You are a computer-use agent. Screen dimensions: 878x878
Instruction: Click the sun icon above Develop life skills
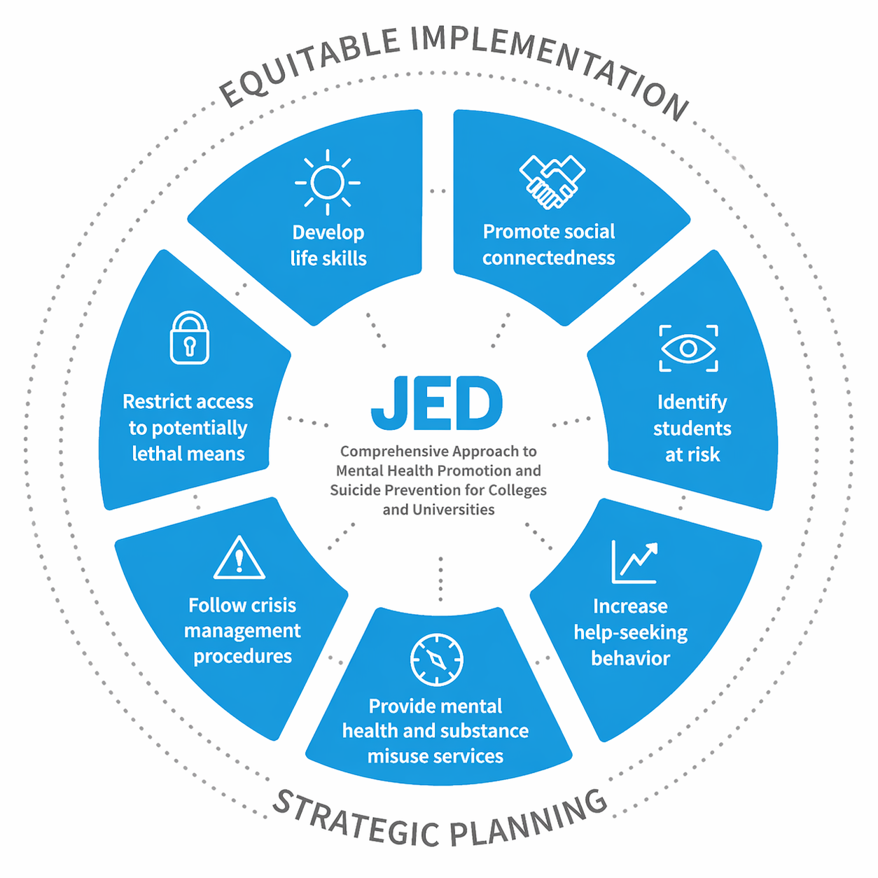[x=328, y=182]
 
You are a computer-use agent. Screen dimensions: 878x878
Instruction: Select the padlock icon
[x=189, y=338]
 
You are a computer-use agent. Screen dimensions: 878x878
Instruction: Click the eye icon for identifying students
[x=688, y=348]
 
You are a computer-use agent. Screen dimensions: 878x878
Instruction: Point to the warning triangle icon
[x=239, y=559]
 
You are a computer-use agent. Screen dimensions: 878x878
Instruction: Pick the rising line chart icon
[x=634, y=562]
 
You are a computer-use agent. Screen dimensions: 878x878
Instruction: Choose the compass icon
[x=436, y=660]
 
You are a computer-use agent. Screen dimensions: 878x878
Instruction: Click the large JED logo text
[x=437, y=404]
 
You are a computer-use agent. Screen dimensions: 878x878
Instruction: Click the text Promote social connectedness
[x=549, y=244]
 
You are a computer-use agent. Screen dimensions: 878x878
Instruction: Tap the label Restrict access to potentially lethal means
[x=188, y=428]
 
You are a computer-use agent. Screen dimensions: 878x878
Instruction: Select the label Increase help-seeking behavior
[x=630, y=632]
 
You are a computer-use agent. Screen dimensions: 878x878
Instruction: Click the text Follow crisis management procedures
[x=242, y=630]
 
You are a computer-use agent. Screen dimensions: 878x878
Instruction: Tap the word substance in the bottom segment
[x=485, y=731]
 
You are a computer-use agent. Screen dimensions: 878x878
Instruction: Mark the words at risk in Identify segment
[x=692, y=455]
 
